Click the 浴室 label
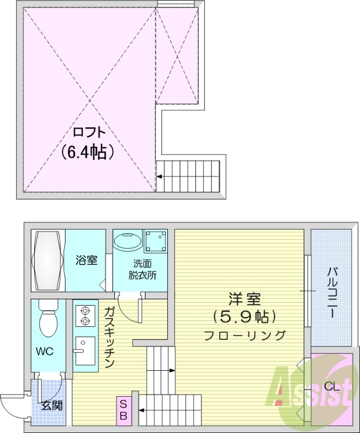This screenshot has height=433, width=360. [x=86, y=260]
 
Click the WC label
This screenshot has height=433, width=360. [x=44, y=351]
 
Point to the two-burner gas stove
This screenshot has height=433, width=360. [x=84, y=316]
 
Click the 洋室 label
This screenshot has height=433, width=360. [x=245, y=298]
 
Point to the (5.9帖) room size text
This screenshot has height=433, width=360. [x=245, y=316]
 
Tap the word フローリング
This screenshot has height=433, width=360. [x=245, y=335]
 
